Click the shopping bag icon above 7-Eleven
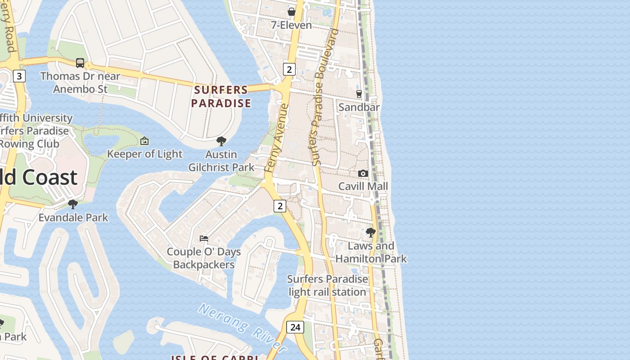[x=292, y=12]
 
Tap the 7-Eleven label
[x=291, y=25]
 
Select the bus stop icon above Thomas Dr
[x=80, y=63]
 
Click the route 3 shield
[x=19, y=76]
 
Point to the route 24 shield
[x=295, y=327]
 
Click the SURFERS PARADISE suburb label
[x=221, y=96]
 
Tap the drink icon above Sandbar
[x=359, y=94]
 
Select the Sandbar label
[x=359, y=107]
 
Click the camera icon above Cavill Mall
[x=363, y=173]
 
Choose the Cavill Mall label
[x=363, y=186]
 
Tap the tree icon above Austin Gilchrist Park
[x=221, y=141]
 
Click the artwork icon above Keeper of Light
[x=144, y=141]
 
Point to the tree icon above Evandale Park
[x=73, y=204]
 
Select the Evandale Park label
[x=73, y=218]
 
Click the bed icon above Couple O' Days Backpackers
[x=204, y=238]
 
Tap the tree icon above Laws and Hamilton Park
[x=371, y=233]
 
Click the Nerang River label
[x=242, y=328]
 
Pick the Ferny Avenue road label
[x=276, y=139]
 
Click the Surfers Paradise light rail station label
[x=327, y=285]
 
